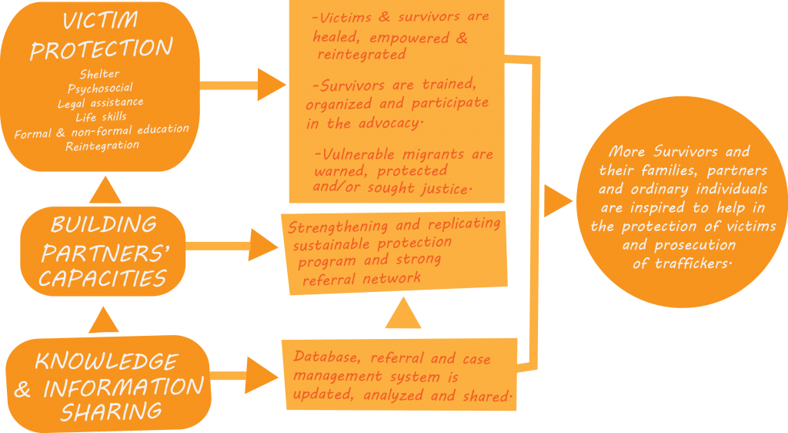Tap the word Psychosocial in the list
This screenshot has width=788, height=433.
click(101, 89)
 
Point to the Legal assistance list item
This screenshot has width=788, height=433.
click(101, 102)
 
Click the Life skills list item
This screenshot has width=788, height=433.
click(101, 117)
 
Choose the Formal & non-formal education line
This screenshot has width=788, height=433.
click(101, 131)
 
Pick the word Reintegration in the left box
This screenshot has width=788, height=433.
click(102, 145)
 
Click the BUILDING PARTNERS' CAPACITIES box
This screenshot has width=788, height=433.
click(102, 250)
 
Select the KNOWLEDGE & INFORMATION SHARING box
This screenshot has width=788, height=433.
click(109, 385)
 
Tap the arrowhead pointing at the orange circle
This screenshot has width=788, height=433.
click(557, 201)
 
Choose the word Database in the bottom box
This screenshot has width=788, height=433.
click(329, 358)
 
